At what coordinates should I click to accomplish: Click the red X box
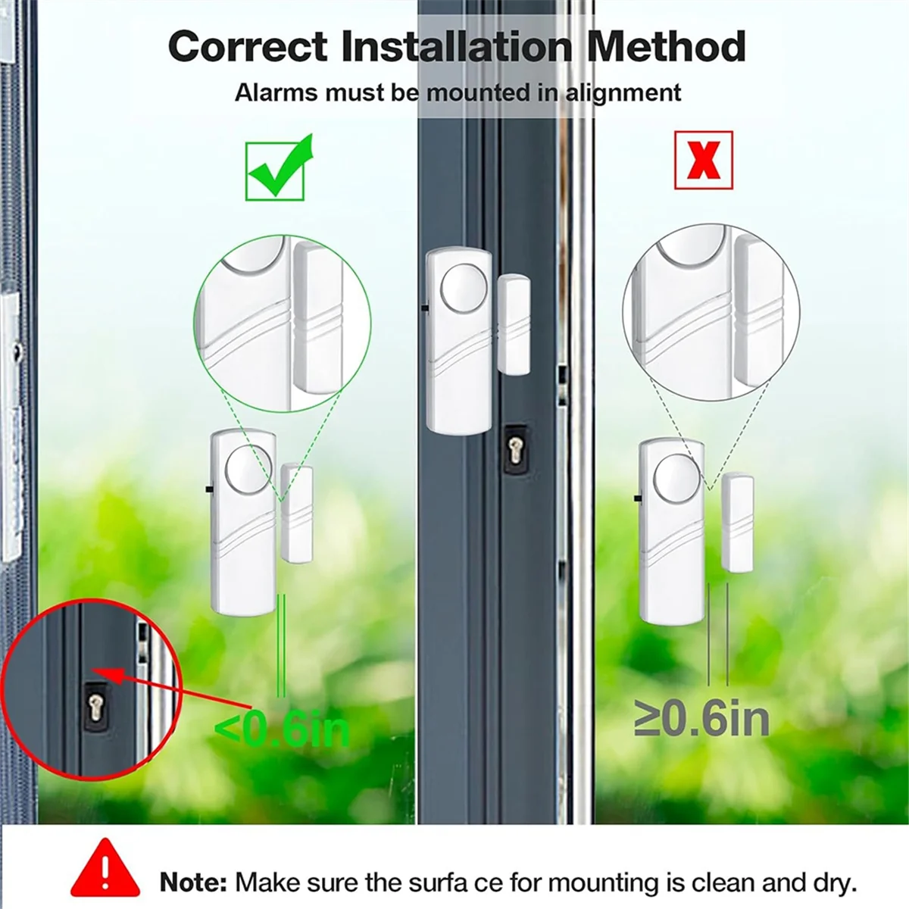click(x=703, y=160)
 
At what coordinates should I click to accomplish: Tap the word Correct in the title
click(x=248, y=47)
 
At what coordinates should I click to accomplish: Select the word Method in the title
click(x=666, y=47)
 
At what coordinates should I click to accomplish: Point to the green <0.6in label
click(x=282, y=729)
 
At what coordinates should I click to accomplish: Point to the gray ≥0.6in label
click(x=701, y=719)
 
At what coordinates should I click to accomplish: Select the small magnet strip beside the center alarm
click(x=513, y=324)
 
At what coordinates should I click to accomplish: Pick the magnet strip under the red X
click(x=737, y=523)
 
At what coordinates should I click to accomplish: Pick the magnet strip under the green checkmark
click(x=296, y=513)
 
